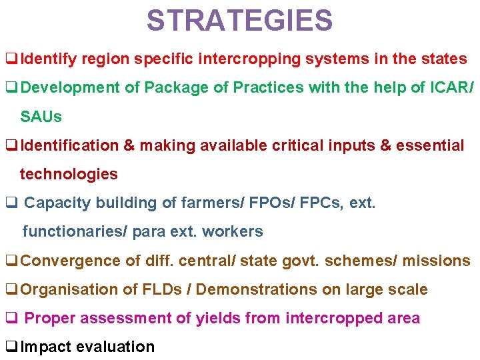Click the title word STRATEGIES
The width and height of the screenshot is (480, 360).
tap(239, 21)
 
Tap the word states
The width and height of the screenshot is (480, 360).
tap(444, 59)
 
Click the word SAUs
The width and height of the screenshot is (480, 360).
tap(41, 117)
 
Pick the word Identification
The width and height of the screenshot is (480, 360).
tap(69, 146)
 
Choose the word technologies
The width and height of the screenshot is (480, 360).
tap(69, 175)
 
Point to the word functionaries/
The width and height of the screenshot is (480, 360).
tap(74, 232)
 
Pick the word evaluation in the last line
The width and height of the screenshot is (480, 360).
tap(115, 347)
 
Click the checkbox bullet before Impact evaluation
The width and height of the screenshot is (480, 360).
tap(11, 347)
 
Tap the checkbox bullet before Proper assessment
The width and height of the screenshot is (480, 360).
tap(11, 318)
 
